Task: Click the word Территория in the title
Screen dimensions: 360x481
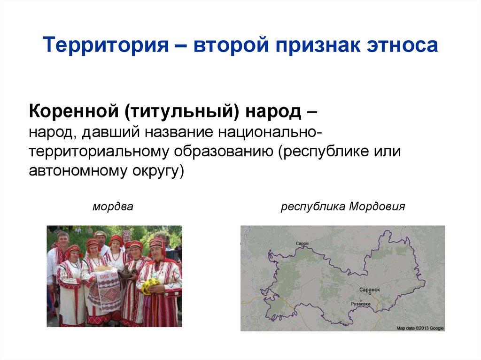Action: tap(107, 46)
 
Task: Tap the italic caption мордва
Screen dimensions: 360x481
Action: tap(113, 207)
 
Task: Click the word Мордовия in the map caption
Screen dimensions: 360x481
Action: tap(377, 207)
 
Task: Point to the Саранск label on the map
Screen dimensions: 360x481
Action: tap(369, 290)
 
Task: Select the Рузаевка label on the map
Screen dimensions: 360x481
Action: tap(361, 304)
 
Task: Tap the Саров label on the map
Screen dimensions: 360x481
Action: tap(303, 244)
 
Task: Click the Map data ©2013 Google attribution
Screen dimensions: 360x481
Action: tap(420, 328)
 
